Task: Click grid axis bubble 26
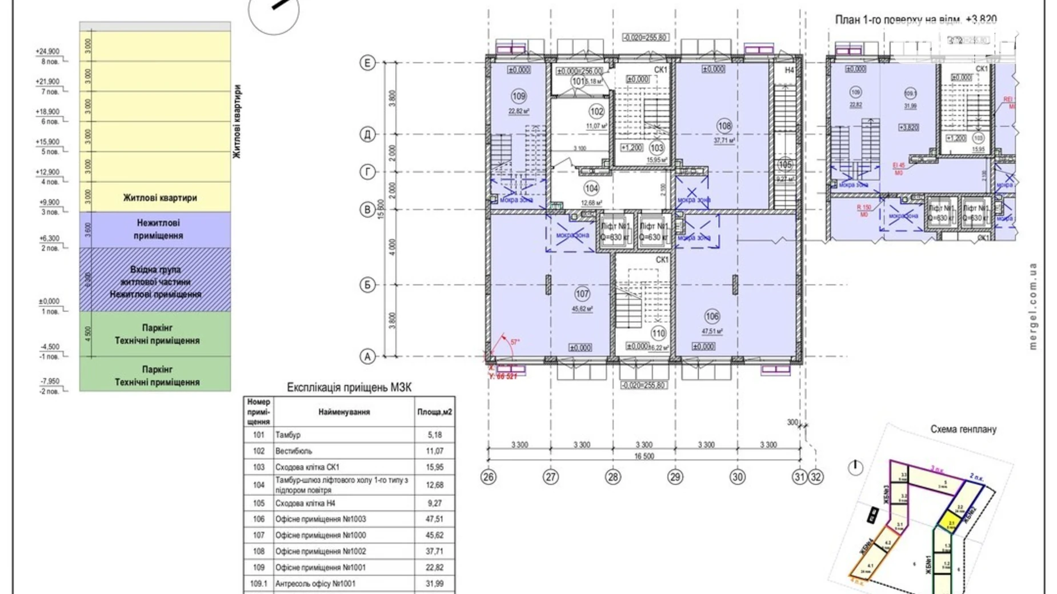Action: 488,477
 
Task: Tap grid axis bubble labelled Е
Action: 367,63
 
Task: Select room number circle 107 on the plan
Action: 582,294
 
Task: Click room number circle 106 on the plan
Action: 712,316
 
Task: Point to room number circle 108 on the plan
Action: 724,126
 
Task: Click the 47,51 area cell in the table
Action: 435,519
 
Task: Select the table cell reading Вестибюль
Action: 294,451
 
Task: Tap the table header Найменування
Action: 344,412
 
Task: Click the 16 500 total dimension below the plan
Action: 644,456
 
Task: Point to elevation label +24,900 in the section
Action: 47,51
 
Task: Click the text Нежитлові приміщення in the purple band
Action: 158,229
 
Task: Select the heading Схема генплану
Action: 963,429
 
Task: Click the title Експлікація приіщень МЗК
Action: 349,387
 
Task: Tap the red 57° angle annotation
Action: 515,342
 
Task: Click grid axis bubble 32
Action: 816,477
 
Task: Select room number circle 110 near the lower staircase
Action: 658,334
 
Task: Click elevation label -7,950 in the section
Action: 50,381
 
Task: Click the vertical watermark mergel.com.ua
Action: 1032,306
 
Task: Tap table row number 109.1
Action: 259,584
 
